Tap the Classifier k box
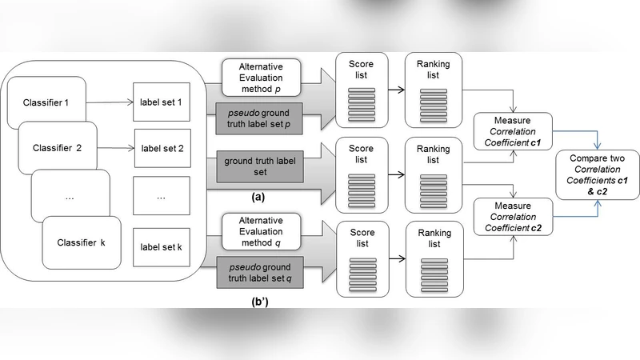tap(82, 242)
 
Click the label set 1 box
tap(162, 102)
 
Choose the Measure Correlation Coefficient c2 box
tap(513, 217)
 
